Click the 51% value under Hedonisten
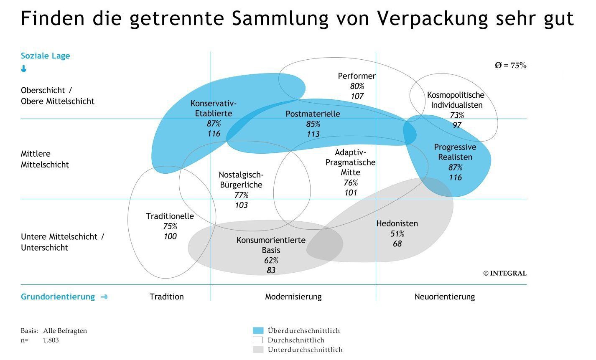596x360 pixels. pyautogui.click(x=397, y=233)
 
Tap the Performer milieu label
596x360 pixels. pyautogui.click(x=357, y=76)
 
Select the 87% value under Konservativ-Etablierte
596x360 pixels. pyautogui.click(x=214, y=124)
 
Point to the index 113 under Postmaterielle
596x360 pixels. pyautogui.click(x=313, y=134)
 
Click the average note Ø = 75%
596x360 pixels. pyautogui.click(x=510, y=66)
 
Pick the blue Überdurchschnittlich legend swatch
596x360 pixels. pyautogui.click(x=258, y=330)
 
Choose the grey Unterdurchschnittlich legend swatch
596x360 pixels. pyautogui.click(x=258, y=350)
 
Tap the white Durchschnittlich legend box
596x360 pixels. pyautogui.click(x=258, y=340)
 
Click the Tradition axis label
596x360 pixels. pyautogui.click(x=166, y=297)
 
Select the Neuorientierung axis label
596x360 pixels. pyautogui.click(x=444, y=297)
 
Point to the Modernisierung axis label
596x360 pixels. pyautogui.click(x=293, y=297)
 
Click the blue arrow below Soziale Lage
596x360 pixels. pyautogui.click(x=24, y=69)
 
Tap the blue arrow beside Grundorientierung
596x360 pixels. pyautogui.click(x=104, y=297)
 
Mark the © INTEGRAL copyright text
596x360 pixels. pyautogui.click(x=504, y=274)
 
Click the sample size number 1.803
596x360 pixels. pyautogui.click(x=51, y=340)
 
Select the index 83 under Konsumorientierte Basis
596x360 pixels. pyautogui.click(x=271, y=270)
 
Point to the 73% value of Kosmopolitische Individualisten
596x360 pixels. pyautogui.click(x=457, y=115)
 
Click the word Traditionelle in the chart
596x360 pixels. pyautogui.click(x=170, y=216)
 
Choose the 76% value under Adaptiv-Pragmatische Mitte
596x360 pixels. pyautogui.click(x=351, y=183)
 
